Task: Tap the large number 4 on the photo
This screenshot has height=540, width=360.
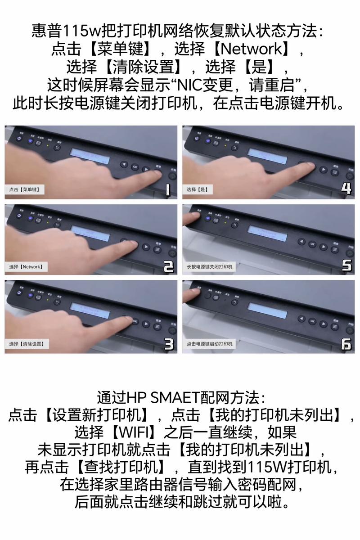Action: coord(346,188)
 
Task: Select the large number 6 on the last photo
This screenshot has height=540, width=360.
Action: coord(346,344)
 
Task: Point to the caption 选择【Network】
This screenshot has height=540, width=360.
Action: coord(26,267)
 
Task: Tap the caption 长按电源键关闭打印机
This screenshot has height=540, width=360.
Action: coord(210,267)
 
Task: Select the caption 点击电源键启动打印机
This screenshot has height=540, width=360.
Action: coord(210,344)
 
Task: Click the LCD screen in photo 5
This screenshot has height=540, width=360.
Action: coord(267,234)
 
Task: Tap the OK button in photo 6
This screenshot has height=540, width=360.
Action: coord(312,320)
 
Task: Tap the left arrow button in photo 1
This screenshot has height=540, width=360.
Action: coord(124,165)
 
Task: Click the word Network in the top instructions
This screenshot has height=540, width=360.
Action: coord(253,48)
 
